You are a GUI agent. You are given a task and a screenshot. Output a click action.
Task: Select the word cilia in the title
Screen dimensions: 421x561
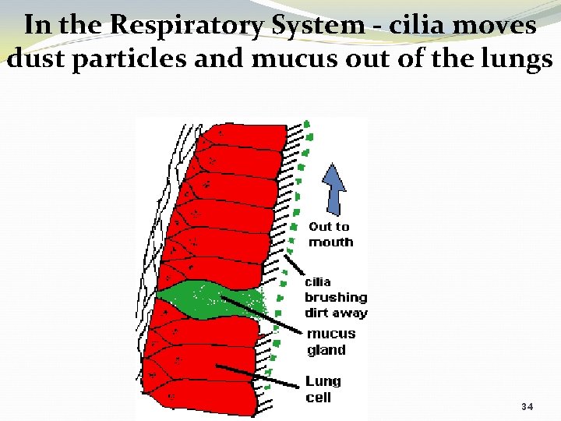[x=408, y=26]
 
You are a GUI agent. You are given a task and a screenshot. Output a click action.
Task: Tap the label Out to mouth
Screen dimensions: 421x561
[x=330, y=234]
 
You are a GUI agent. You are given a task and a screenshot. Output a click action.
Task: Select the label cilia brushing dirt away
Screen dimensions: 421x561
[x=335, y=297]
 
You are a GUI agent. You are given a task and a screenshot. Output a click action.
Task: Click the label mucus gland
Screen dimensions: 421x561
[x=331, y=341]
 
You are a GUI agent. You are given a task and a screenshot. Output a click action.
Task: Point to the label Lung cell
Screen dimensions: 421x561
[x=323, y=389]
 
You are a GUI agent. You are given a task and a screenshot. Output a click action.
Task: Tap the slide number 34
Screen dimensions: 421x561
[x=527, y=406]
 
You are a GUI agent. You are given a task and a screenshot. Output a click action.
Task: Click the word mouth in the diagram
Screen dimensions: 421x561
[x=330, y=242]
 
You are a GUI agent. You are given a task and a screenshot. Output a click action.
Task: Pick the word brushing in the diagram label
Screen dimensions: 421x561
[x=336, y=297]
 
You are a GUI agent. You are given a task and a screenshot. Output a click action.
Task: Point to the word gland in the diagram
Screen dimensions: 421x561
[x=326, y=350]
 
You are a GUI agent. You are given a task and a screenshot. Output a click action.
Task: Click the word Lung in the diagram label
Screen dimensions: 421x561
[x=323, y=381]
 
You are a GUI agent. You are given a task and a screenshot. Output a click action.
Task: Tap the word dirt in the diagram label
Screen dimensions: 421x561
[x=317, y=313]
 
